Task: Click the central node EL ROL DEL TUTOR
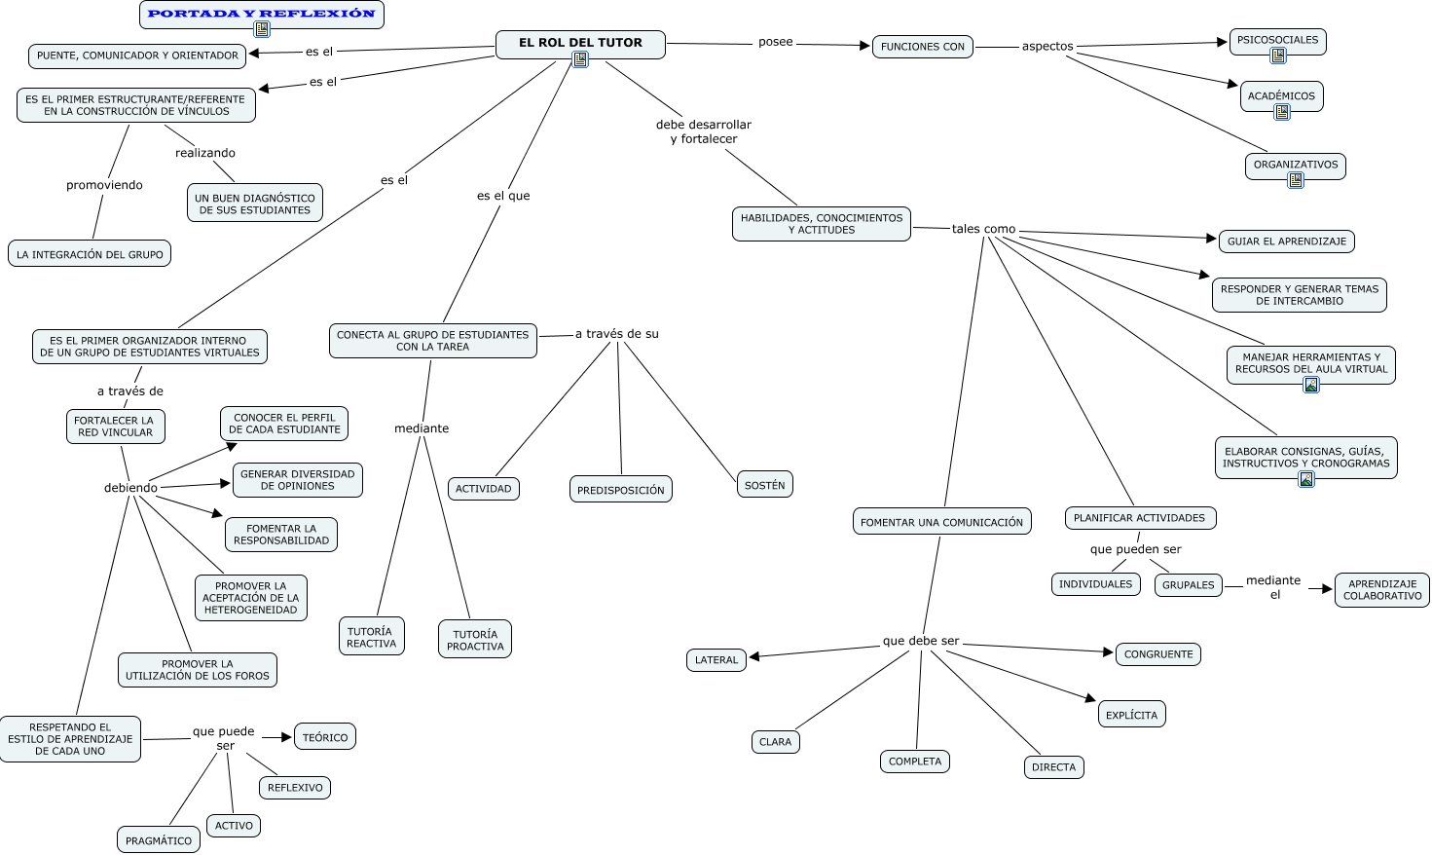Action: (x=580, y=43)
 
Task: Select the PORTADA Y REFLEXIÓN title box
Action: (x=262, y=14)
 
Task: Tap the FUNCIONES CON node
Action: (x=922, y=46)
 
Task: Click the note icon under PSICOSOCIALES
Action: (x=1277, y=56)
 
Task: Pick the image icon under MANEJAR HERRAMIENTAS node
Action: (x=1311, y=385)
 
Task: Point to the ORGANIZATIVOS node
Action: (x=1295, y=165)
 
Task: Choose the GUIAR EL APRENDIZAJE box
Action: (x=1286, y=242)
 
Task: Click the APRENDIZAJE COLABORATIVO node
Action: (x=1381, y=590)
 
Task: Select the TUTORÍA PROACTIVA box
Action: (x=475, y=640)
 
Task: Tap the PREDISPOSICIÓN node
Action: (x=620, y=490)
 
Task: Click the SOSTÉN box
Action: (x=764, y=485)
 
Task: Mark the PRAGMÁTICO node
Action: (x=159, y=840)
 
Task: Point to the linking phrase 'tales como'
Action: (x=983, y=229)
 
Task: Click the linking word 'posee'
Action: (x=775, y=42)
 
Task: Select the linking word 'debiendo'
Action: (x=130, y=488)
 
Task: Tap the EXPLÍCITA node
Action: (x=1131, y=715)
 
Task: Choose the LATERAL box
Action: (x=716, y=660)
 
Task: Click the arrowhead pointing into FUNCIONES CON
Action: (x=864, y=45)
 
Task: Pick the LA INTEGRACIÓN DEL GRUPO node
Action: (x=90, y=254)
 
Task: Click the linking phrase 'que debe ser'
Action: (x=921, y=641)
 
